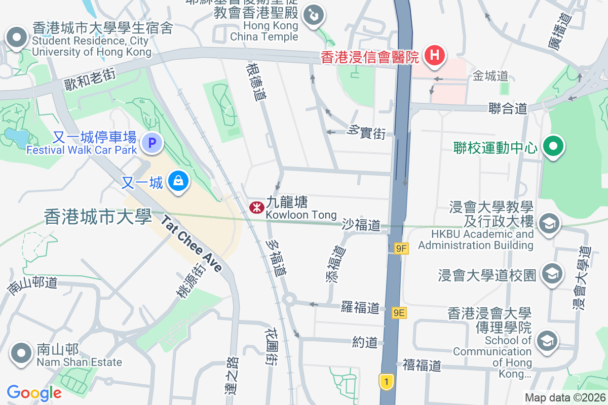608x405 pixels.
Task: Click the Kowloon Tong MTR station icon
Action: [x=256, y=207]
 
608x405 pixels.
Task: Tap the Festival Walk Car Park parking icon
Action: [x=152, y=143]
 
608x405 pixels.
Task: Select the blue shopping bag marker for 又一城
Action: [x=178, y=181]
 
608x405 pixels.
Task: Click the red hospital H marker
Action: [x=434, y=55]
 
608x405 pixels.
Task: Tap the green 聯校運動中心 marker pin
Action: [x=553, y=147]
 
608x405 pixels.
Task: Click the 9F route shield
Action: [x=401, y=248]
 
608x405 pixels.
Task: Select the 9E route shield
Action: [x=399, y=312]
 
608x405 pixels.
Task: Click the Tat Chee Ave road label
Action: [x=193, y=243]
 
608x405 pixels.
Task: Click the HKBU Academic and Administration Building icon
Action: [x=548, y=224]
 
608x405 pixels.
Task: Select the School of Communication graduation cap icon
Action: [x=547, y=340]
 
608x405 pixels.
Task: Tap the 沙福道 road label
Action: [x=361, y=225]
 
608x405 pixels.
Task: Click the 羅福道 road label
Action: [x=360, y=307]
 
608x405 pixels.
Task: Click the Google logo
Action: [x=34, y=392]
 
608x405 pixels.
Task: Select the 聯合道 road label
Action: [x=508, y=108]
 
